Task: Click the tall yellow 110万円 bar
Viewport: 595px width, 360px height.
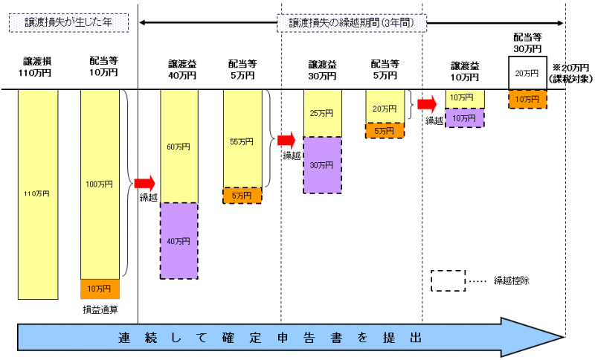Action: [38, 193]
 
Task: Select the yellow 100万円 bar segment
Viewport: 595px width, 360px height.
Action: [100, 184]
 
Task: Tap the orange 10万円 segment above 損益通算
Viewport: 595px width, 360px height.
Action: [100, 288]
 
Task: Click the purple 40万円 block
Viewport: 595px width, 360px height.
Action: [178, 240]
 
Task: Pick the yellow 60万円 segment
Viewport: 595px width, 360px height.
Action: [178, 147]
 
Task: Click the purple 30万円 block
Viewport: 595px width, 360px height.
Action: [322, 165]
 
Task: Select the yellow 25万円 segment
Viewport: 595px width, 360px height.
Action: [322, 113]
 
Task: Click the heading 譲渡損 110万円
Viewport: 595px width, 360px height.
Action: [38, 68]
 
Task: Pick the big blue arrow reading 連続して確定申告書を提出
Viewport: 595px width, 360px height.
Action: [283, 337]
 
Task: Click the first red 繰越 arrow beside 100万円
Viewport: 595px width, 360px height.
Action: [144, 182]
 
